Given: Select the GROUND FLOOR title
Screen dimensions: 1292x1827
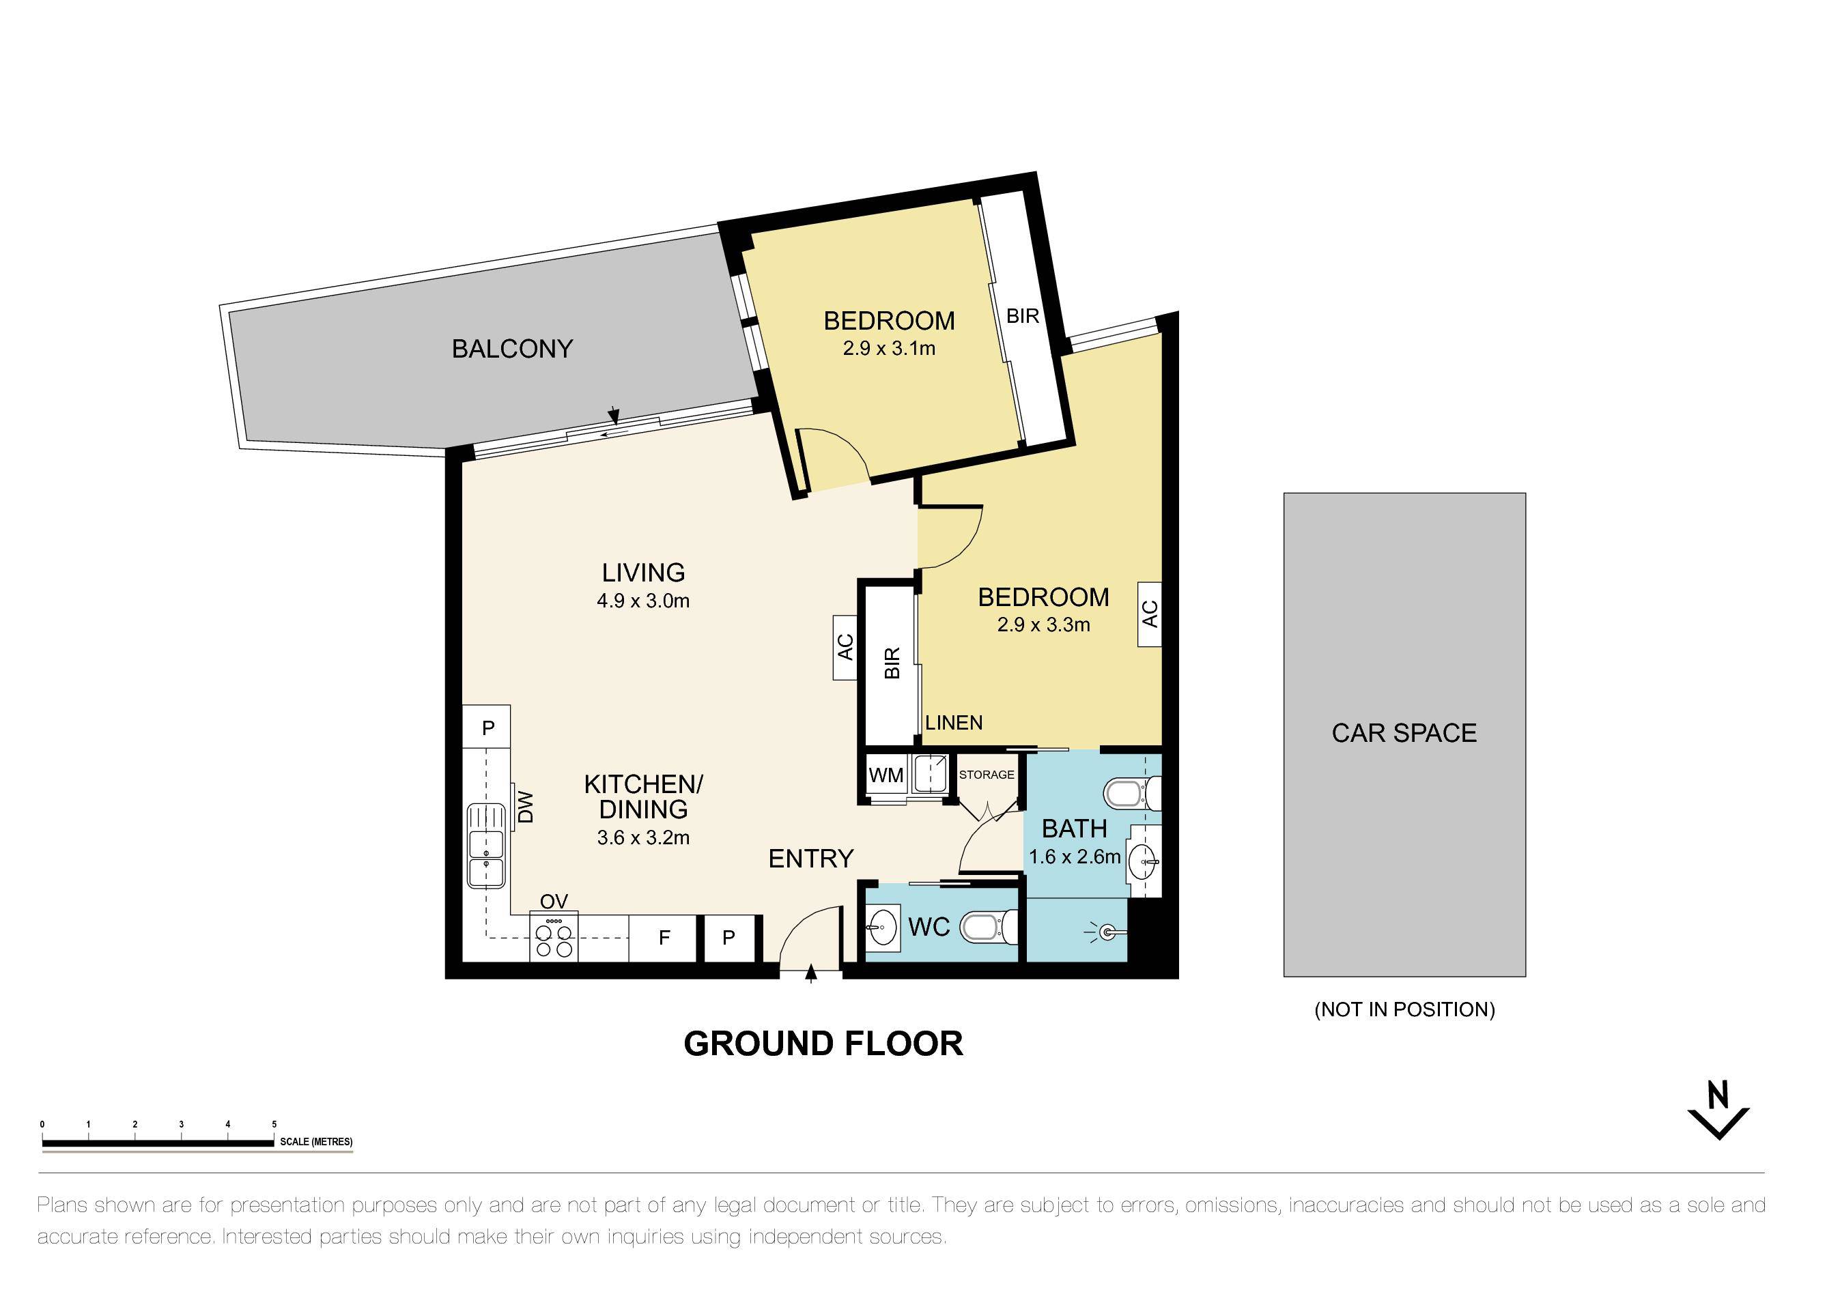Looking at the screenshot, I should click(x=823, y=1044).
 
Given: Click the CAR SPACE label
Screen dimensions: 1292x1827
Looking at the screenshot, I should click(x=1404, y=733).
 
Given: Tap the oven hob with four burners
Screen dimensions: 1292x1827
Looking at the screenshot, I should click(x=554, y=938).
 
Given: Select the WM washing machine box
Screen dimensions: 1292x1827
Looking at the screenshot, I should click(x=886, y=775).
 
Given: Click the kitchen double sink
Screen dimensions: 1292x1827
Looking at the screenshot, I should click(x=485, y=846).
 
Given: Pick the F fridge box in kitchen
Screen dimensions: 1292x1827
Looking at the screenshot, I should click(x=664, y=938).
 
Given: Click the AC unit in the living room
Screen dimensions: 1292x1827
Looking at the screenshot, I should click(x=845, y=647).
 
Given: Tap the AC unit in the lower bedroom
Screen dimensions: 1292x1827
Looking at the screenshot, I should click(x=1149, y=614).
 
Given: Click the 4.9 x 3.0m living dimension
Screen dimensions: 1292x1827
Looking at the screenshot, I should click(x=643, y=601).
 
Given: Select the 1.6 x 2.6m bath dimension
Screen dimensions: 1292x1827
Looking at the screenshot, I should click(x=1074, y=857).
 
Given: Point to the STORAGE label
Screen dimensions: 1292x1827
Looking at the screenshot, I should click(x=986, y=774).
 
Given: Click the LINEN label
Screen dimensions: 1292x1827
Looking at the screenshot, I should click(x=953, y=722).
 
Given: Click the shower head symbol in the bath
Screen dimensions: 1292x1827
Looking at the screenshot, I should click(x=1107, y=932).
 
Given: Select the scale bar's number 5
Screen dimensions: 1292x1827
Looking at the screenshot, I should click(x=274, y=1124).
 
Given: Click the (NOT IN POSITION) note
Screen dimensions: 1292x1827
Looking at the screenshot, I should click(x=1404, y=1009).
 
